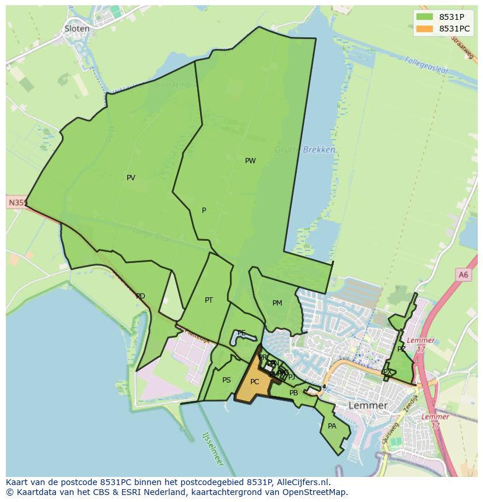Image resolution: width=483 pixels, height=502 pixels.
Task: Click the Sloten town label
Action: pyautogui.click(x=77, y=29)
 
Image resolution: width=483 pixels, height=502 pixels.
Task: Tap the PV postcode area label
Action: pyautogui.click(x=131, y=178)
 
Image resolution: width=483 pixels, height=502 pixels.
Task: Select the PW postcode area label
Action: pyautogui.click(x=250, y=161)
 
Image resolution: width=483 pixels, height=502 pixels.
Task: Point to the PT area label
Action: pyautogui.click(x=209, y=300)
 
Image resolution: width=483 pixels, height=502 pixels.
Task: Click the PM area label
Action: pyautogui.click(x=277, y=303)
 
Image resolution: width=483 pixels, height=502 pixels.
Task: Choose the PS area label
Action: pyautogui.click(x=226, y=380)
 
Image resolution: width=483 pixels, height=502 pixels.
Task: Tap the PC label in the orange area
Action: pyautogui.click(x=254, y=382)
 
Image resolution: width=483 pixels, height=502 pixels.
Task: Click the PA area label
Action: pyautogui.click(x=332, y=426)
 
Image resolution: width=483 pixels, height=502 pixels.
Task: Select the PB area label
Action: pyautogui.click(x=293, y=393)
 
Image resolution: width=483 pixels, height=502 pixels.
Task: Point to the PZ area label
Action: pyautogui.click(x=401, y=349)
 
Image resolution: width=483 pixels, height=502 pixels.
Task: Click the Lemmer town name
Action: pyautogui.click(x=367, y=405)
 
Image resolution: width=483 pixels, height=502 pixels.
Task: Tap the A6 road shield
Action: pyautogui.click(x=463, y=275)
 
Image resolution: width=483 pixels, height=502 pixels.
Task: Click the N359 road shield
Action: pyautogui.click(x=16, y=203)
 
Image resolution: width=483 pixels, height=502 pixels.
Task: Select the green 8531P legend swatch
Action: pyautogui.click(x=425, y=16)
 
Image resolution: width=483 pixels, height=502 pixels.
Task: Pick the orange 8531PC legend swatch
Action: pyautogui.click(x=425, y=29)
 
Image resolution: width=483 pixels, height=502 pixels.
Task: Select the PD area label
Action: pyautogui.click(x=140, y=296)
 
